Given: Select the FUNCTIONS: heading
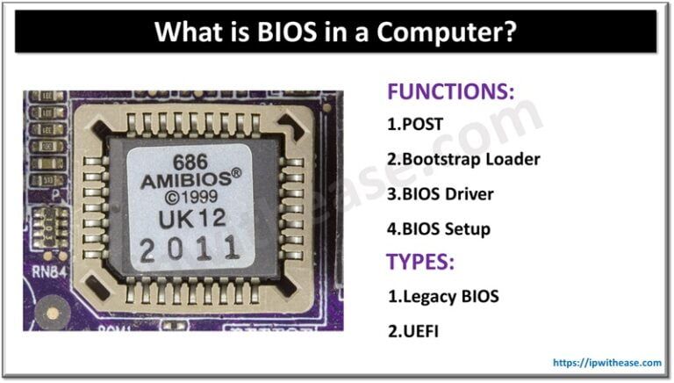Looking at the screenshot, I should pyautogui.click(x=450, y=91).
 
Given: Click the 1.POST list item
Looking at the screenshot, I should pyautogui.click(x=415, y=124).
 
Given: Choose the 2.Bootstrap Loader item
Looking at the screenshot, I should pyautogui.click(x=463, y=159).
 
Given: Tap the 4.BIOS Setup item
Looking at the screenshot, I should pyautogui.click(x=439, y=229).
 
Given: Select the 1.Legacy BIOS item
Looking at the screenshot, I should pyautogui.click(x=443, y=296).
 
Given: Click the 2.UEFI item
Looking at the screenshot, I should pyautogui.click(x=413, y=331).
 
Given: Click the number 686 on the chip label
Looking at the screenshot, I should pyautogui.click(x=189, y=163).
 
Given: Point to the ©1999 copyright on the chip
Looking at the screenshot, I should pyautogui.click(x=190, y=200).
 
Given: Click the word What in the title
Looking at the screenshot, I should pyautogui.click(x=186, y=33).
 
